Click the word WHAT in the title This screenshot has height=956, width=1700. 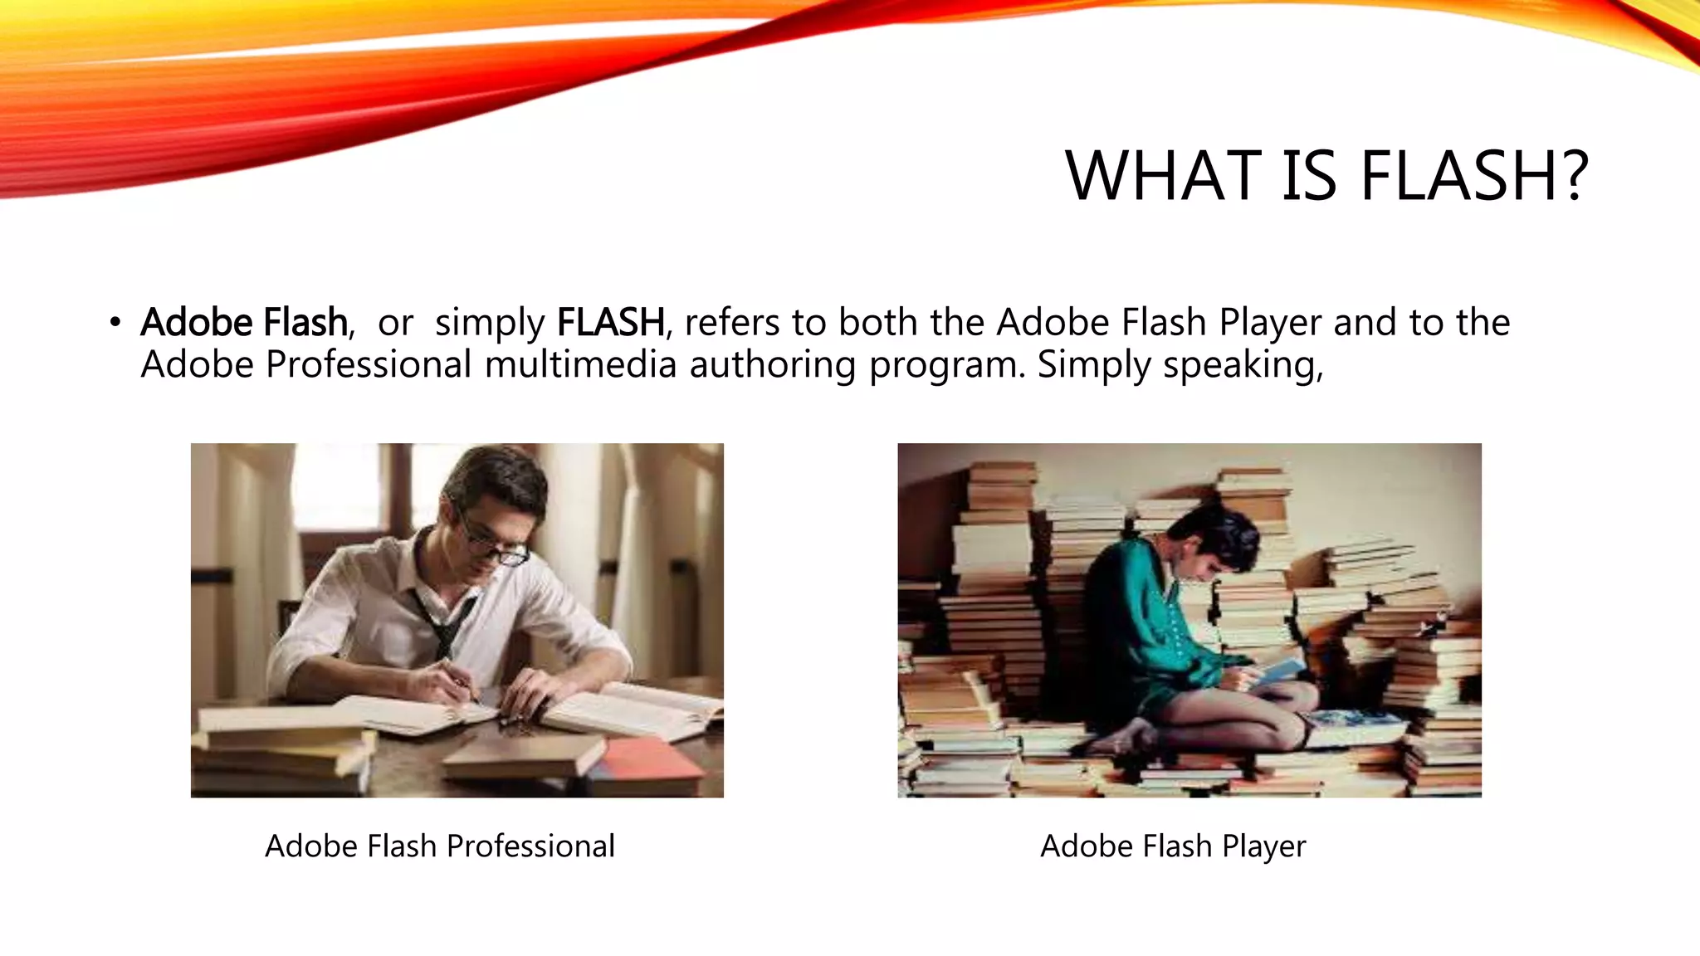coord(1163,176)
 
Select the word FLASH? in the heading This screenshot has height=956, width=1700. coord(1473,176)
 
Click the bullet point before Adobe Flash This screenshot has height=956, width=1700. coord(115,322)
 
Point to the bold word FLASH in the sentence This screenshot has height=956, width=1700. coord(610,322)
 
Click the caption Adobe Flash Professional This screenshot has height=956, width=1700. coord(440,846)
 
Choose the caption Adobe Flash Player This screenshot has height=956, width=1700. coord(1173,846)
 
